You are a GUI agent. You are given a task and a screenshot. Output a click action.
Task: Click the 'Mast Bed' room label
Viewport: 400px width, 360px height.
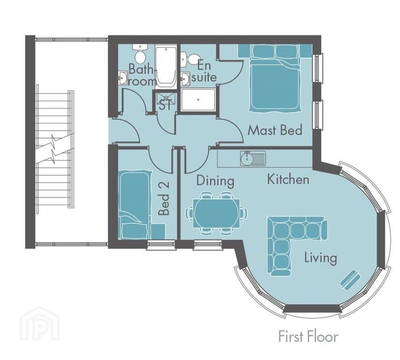pos(274,130)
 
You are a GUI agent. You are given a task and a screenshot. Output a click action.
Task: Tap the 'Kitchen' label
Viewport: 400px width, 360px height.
pos(288,180)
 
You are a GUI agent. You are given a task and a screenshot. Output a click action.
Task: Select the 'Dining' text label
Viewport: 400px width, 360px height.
pos(215,180)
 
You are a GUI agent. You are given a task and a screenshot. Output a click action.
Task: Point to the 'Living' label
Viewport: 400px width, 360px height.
pos(320,257)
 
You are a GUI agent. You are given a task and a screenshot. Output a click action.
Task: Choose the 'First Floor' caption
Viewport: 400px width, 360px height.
pos(308,337)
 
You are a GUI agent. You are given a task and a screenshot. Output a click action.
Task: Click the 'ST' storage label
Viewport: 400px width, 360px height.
pos(165,104)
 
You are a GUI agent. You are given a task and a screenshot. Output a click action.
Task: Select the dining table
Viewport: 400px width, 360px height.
pos(216,213)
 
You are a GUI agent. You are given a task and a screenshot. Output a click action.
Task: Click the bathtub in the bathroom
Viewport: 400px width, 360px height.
pos(166,67)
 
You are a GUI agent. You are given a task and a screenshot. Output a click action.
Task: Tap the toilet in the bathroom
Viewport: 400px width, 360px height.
pos(139,53)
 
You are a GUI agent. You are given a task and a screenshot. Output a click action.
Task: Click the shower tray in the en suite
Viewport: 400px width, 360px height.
pos(199,99)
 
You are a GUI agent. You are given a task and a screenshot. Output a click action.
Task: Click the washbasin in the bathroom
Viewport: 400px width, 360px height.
pos(123,77)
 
